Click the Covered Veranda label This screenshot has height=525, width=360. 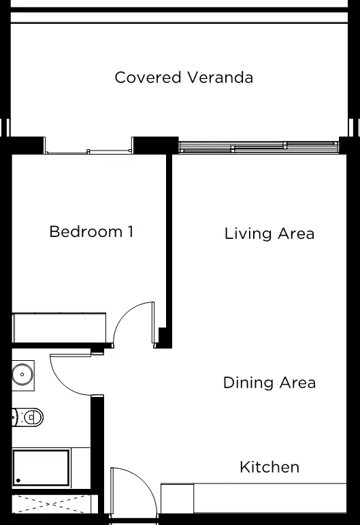[x=184, y=78]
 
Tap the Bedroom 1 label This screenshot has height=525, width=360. [x=91, y=232]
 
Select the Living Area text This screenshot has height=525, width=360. [x=269, y=234]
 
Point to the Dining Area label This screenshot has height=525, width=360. [x=269, y=383]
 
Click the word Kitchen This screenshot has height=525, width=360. [x=269, y=467]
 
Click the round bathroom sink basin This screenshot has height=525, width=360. [x=22, y=375]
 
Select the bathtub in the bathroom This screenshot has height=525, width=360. [x=41, y=468]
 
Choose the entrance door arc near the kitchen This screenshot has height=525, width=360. [x=144, y=481]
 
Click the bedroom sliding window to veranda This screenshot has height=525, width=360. [x=88, y=152]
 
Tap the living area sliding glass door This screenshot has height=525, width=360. [x=259, y=147]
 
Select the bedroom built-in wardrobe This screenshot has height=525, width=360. [x=59, y=328]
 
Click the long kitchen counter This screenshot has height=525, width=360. [x=270, y=498]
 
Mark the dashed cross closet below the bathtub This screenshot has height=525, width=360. [x=51, y=504]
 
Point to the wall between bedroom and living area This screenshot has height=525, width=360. [x=169, y=251]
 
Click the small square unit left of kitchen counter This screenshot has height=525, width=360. [x=178, y=498]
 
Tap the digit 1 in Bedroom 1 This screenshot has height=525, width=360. [x=131, y=232]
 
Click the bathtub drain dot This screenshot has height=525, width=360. [x=18, y=481]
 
